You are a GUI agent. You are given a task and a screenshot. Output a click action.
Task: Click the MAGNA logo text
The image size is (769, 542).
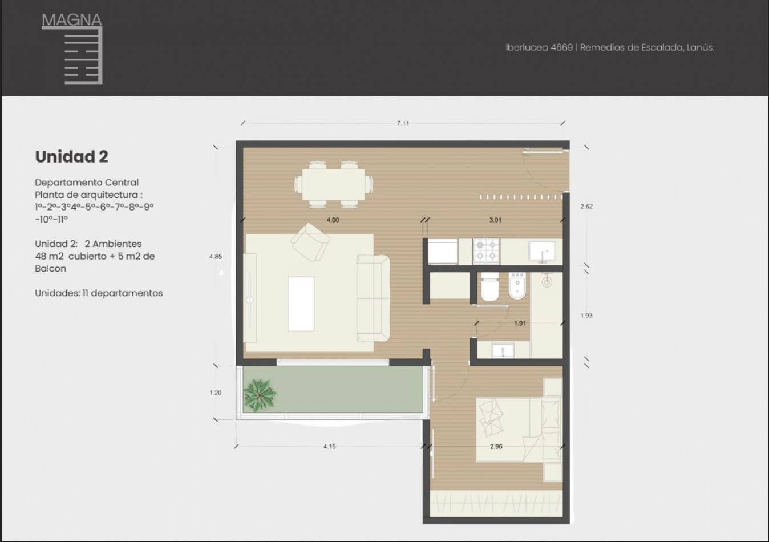click(x=72, y=19)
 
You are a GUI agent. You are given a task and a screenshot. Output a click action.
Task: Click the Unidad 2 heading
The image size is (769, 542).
click(x=71, y=156)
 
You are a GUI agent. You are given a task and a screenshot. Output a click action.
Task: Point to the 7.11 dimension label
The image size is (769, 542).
click(x=403, y=123)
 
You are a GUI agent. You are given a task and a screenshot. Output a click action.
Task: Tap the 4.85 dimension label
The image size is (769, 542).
click(x=216, y=256)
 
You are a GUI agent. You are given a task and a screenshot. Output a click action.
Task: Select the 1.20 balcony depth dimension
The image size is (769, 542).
click(x=216, y=393)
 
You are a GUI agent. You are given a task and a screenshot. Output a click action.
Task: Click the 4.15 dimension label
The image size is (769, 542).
click(x=330, y=447)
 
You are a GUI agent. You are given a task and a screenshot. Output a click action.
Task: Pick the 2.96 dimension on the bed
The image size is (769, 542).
click(x=496, y=447)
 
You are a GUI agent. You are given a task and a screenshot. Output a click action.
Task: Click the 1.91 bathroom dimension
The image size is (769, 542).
click(x=520, y=323)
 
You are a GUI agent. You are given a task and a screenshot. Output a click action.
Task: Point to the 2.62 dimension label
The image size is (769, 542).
click(x=586, y=207)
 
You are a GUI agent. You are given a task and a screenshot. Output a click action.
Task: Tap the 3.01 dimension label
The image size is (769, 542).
click(x=495, y=220)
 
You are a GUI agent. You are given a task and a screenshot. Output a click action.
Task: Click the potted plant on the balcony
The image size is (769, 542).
click(x=260, y=395)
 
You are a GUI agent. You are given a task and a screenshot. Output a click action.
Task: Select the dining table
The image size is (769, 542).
click(x=334, y=184)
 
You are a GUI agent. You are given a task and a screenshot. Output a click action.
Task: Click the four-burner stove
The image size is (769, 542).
click(x=486, y=251)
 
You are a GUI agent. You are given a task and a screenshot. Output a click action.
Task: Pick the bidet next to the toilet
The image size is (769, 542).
click(x=517, y=286)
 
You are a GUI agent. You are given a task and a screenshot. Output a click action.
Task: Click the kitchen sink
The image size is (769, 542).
click(x=542, y=252)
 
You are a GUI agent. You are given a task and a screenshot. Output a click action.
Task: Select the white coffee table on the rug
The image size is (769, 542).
click(x=301, y=304)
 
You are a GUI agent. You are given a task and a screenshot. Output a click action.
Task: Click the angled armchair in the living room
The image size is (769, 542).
click(x=310, y=242)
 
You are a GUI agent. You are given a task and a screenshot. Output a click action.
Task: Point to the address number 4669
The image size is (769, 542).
click(x=562, y=47)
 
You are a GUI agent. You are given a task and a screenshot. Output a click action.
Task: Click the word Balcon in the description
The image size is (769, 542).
click(x=50, y=268)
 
